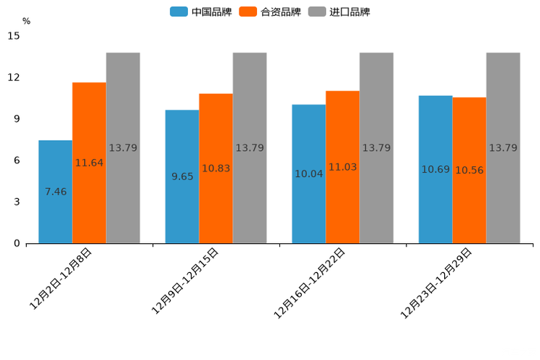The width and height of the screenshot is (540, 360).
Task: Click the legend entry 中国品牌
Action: pos(201,12)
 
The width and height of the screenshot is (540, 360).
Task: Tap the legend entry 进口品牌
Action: pos(339,12)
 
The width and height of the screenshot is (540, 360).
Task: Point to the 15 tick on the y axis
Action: pos(14,36)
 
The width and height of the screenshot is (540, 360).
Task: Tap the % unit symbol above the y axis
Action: pos(26,21)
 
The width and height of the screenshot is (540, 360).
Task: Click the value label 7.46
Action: pos(55,192)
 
